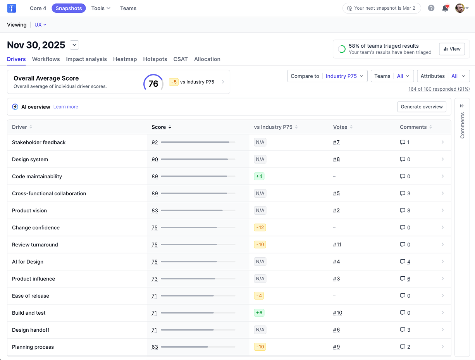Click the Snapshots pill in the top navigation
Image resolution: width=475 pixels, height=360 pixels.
click(x=69, y=8)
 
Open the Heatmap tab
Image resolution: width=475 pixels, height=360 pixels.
click(x=125, y=59)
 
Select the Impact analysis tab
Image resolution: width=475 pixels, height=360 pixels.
click(x=86, y=59)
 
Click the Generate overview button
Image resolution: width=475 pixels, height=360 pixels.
click(x=422, y=107)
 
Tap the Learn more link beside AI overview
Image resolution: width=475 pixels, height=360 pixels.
click(x=66, y=107)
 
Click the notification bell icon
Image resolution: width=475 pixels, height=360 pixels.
click(x=445, y=8)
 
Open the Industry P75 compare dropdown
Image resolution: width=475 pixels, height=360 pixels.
click(x=344, y=76)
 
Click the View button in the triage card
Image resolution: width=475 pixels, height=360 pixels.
click(x=452, y=49)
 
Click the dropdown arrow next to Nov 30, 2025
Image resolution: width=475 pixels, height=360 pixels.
click(x=74, y=45)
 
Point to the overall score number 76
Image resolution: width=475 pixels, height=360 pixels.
click(x=153, y=84)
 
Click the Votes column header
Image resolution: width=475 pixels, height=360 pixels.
click(x=340, y=127)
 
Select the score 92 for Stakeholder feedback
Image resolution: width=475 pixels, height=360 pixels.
click(x=155, y=142)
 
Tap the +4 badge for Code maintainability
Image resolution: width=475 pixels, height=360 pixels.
click(x=259, y=176)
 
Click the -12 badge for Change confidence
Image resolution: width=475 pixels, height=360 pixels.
click(x=260, y=227)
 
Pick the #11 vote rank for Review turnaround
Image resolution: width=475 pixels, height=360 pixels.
click(x=337, y=245)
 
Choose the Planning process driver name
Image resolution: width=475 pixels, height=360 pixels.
click(x=33, y=347)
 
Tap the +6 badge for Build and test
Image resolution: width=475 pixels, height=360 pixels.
click(x=259, y=313)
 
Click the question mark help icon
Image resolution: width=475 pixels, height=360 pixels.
click(x=431, y=8)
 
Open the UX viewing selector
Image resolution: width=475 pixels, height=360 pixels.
click(x=40, y=25)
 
